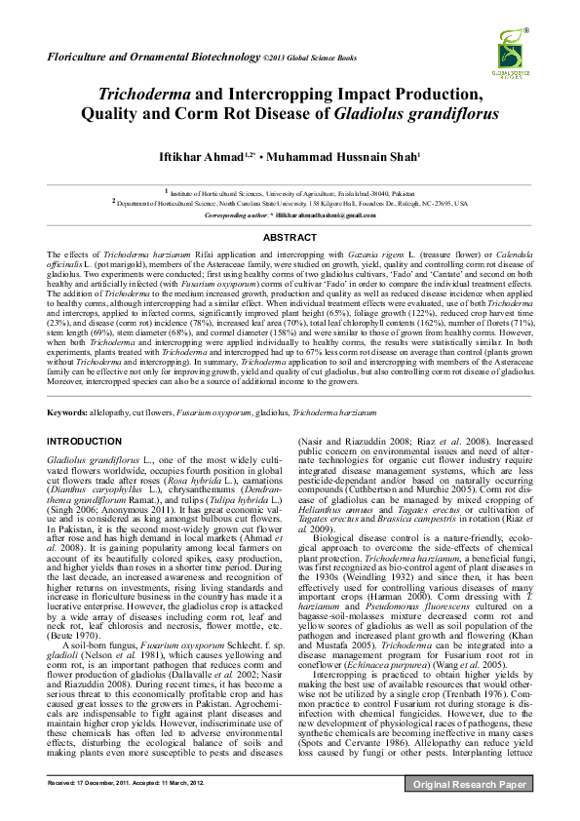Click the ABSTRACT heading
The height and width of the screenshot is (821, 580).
pyautogui.click(x=290, y=237)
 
